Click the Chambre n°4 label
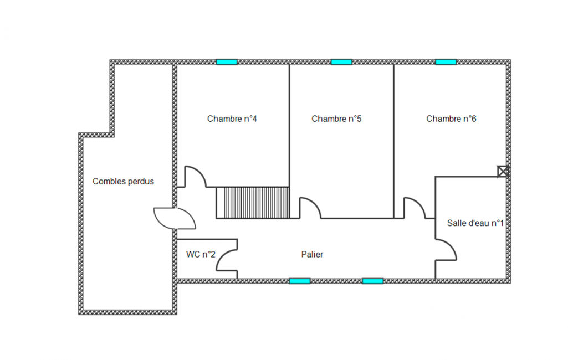(232, 119)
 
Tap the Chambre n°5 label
(336, 119)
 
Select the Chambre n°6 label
(451, 119)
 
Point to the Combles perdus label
(123, 182)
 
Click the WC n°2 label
(201, 254)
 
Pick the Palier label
(312, 254)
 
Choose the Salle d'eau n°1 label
(475, 223)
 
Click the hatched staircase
(253, 203)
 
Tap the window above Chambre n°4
(227, 62)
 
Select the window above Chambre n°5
(341, 62)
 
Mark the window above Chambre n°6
(446, 62)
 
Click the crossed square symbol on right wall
(503, 171)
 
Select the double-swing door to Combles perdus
(175, 218)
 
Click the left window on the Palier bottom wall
(300, 281)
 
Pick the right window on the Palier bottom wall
(373, 281)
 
